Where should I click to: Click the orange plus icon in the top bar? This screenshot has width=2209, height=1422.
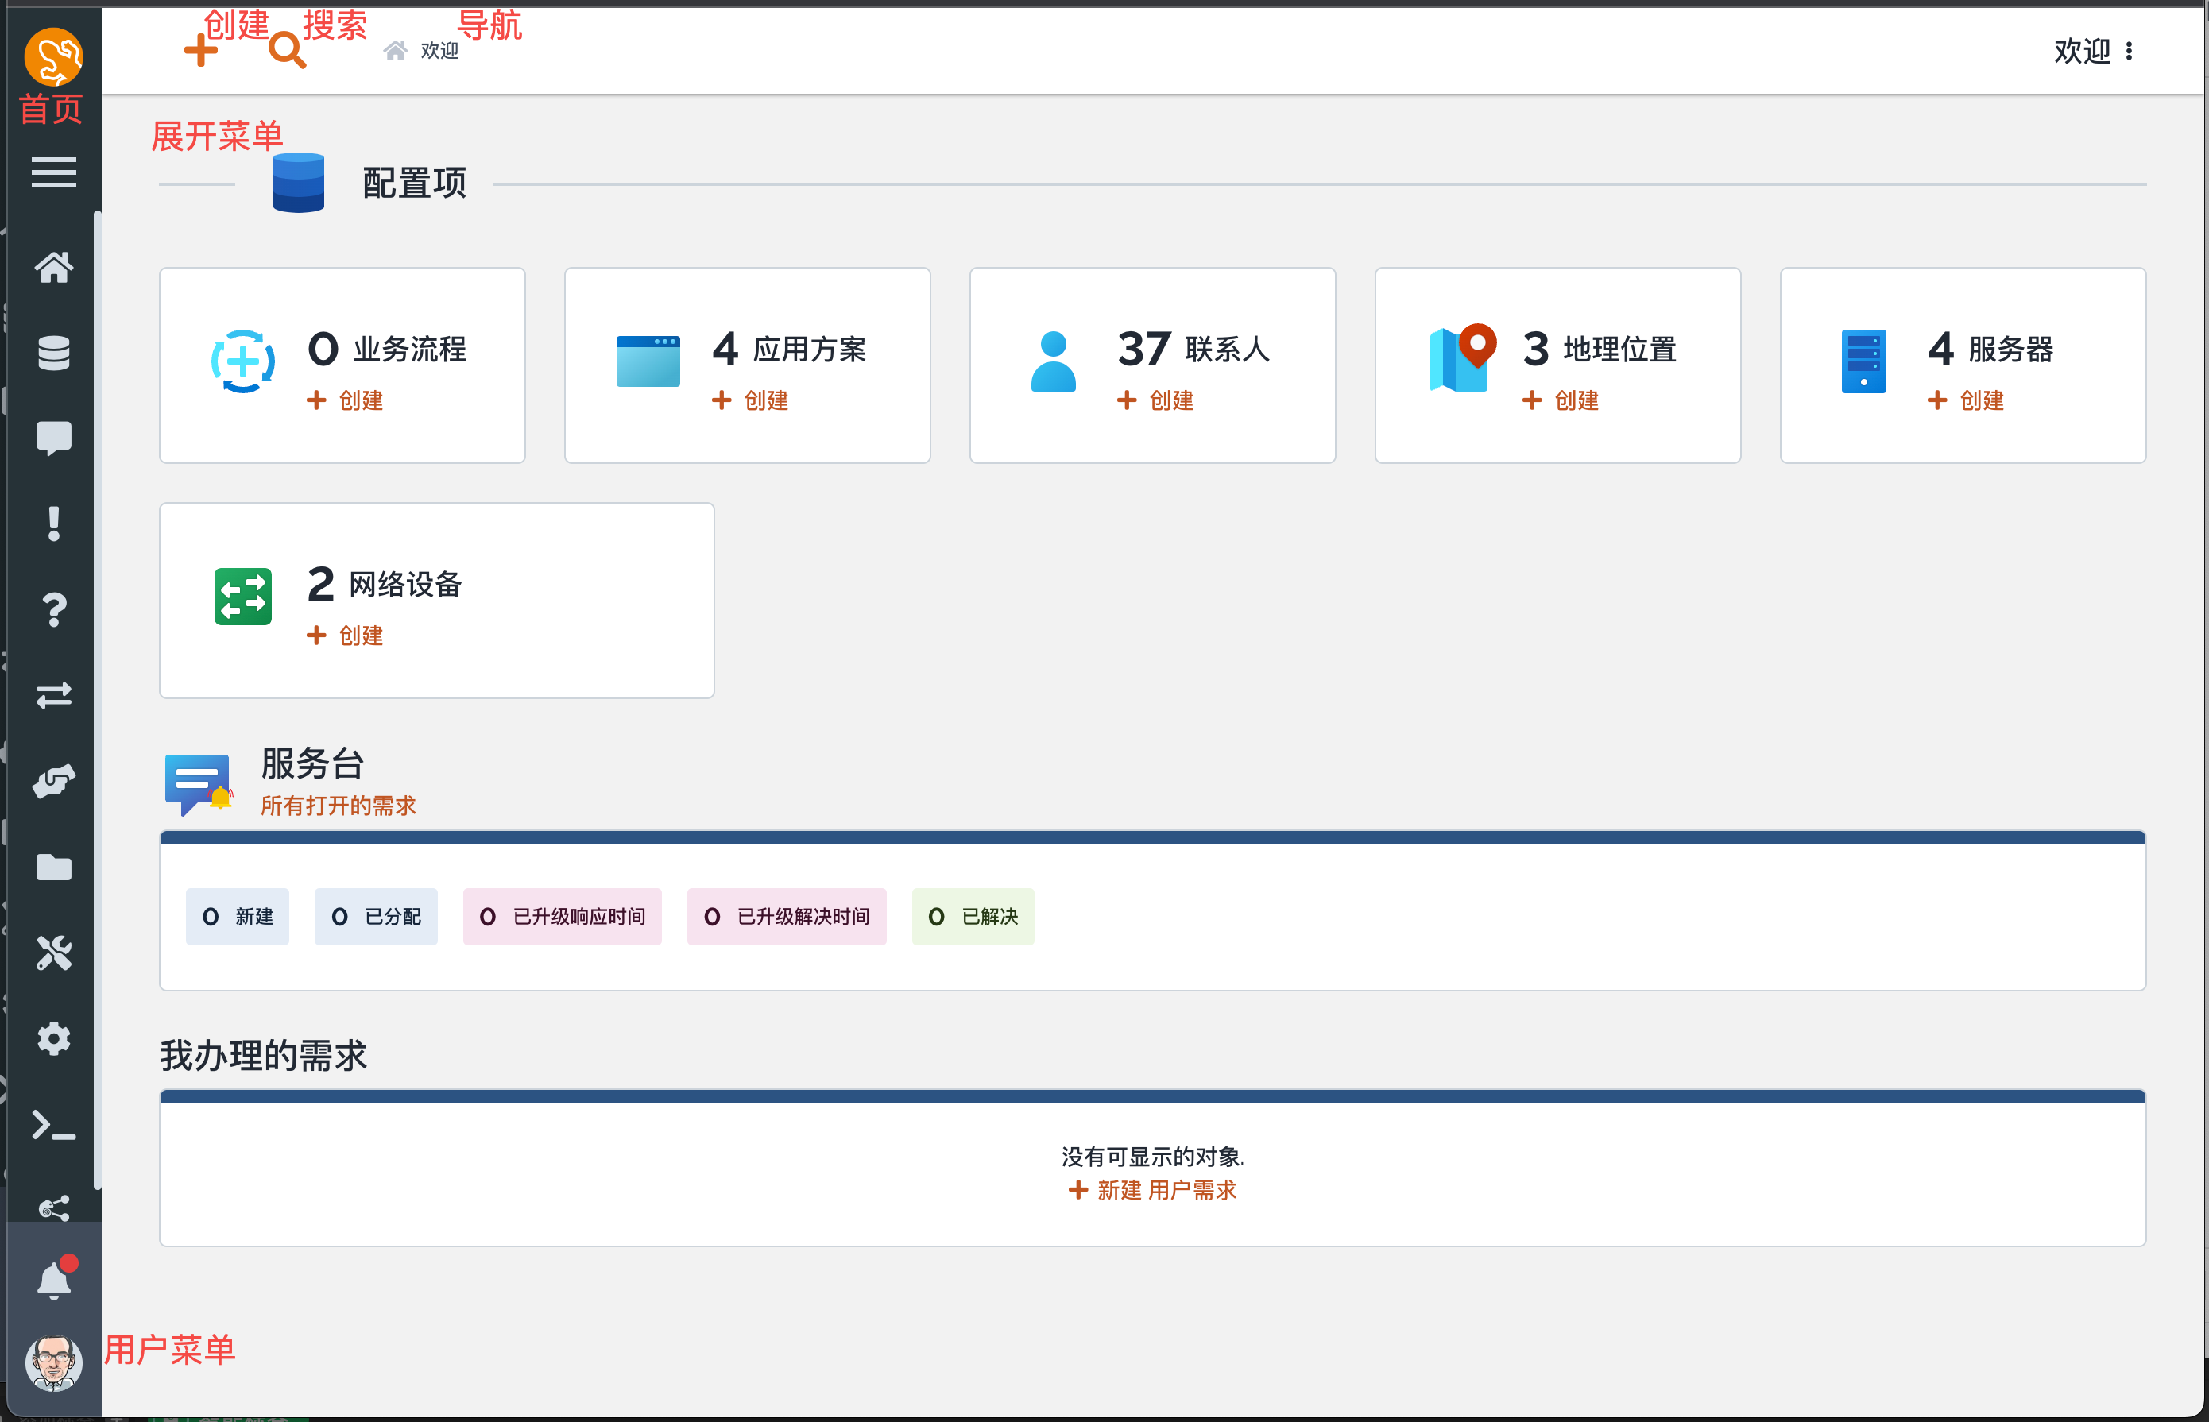click(200, 50)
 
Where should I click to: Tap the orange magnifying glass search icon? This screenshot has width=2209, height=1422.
click(287, 50)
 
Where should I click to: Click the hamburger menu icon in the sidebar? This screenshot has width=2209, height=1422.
click(53, 172)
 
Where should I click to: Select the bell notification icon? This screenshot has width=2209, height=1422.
click(53, 1280)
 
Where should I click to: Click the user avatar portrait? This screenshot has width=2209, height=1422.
click(53, 1362)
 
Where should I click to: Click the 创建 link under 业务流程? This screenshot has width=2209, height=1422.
click(346, 400)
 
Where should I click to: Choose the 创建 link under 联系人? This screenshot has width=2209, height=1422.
click(1155, 400)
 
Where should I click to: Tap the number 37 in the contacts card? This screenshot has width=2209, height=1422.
click(1144, 349)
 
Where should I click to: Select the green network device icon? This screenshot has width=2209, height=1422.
click(243, 597)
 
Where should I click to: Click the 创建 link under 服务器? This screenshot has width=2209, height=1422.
click(1966, 400)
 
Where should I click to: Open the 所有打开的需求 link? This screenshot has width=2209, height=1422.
click(338, 806)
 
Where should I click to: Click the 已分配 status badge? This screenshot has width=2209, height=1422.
click(376, 917)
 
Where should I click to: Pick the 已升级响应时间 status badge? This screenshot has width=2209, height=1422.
click(563, 917)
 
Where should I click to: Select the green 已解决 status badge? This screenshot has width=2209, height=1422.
click(973, 917)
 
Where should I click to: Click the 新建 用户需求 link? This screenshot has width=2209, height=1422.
click(1152, 1190)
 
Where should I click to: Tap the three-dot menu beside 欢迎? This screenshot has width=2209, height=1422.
click(2130, 51)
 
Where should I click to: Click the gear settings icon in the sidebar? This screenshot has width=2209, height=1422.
click(53, 1039)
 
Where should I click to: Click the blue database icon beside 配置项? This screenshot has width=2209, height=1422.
click(298, 183)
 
